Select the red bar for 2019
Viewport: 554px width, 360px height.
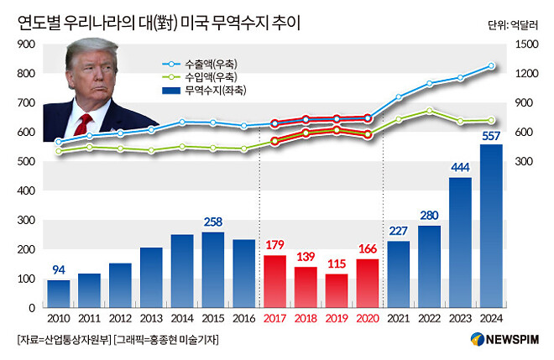click(x=337, y=290)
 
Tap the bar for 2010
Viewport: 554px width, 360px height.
click(x=58, y=294)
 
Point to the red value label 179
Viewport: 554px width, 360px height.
click(x=274, y=245)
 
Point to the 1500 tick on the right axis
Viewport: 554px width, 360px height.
click(x=524, y=44)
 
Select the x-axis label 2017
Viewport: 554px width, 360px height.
click(x=274, y=320)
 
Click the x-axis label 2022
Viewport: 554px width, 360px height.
click(x=429, y=320)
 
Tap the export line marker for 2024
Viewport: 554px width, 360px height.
click(x=491, y=65)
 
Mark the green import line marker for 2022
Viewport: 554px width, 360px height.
click(x=429, y=111)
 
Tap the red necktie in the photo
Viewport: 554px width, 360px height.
click(x=85, y=123)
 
